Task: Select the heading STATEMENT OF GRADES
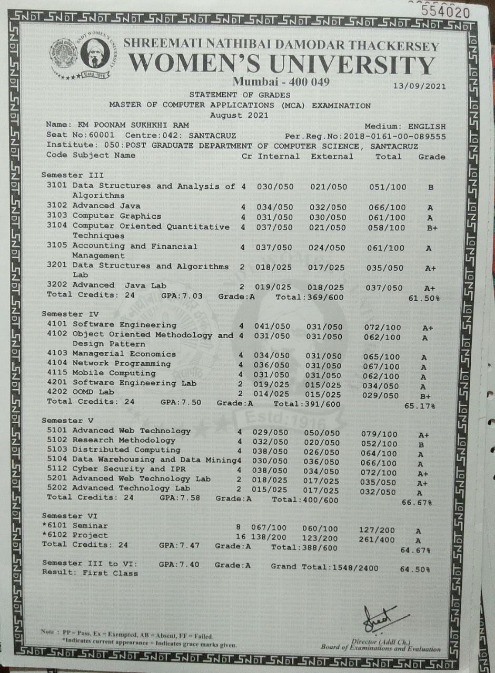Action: [240, 95]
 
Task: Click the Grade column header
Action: [431, 157]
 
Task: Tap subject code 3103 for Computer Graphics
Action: [55, 216]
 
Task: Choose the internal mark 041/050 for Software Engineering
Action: [272, 327]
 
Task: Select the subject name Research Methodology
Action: [124, 440]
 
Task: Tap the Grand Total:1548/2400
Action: [324, 567]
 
